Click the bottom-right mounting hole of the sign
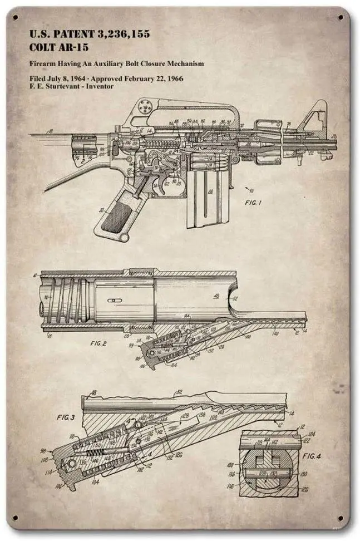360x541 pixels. click(340, 519)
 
